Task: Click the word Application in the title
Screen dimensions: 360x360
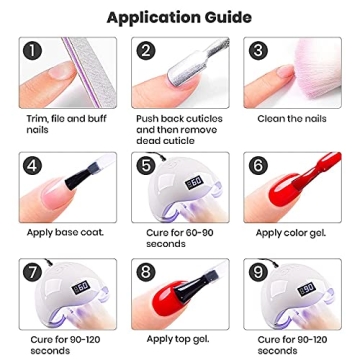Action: click(x=155, y=18)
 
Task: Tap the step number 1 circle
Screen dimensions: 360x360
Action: click(x=33, y=51)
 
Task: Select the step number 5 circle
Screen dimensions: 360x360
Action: click(x=145, y=166)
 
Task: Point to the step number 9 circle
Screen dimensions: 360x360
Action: click(x=258, y=272)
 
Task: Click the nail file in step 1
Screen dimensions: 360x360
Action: click(x=89, y=72)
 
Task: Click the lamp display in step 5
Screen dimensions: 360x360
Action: click(x=194, y=183)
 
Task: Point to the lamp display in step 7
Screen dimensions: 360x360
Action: click(x=80, y=287)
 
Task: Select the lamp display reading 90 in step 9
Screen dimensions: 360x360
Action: click(x=306, y=288)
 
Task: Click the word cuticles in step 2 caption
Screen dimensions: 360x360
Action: click(x=201, y=119)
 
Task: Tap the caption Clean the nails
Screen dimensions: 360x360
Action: click(x=292, y=119)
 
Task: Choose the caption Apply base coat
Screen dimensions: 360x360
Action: click(x=65, y=232)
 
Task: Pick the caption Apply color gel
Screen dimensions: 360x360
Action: click(x=291, y=233)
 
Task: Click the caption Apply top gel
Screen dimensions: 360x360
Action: click(x=178, y=339)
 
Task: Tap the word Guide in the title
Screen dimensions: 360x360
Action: click(x=229, y=18)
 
